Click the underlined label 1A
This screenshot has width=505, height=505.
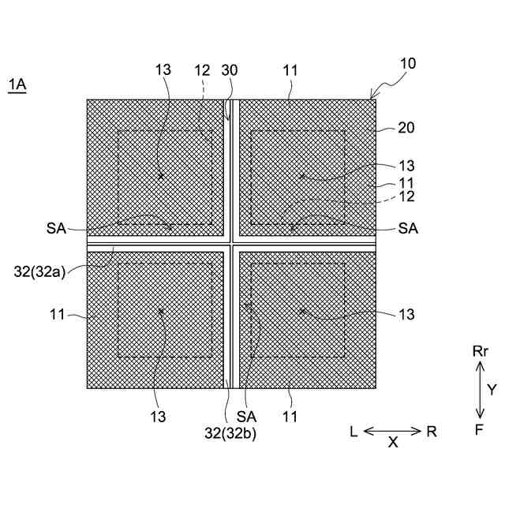click(x=17, y=84)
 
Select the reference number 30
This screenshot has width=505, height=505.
click(x=230, y=71)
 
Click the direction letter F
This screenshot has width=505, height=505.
click(x=480, y=430)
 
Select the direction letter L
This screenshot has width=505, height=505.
click(x=354, y=431)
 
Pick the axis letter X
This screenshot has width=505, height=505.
click(x=393, y=443)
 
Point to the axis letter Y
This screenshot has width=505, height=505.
click(x=491, y=389)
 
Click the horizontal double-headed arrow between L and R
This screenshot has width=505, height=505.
click(x=392, y=430)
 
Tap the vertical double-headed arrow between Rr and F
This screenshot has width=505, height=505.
click(x=480, y=390)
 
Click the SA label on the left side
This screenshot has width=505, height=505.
click(x=56, y=228)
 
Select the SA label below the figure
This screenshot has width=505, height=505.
click(x=247, y=414)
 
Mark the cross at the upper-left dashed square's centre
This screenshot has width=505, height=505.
click(x=161, y=176)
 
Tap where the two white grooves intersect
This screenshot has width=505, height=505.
click(x=230, y=243)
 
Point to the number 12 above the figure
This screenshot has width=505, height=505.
click(x=203, y=71)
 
